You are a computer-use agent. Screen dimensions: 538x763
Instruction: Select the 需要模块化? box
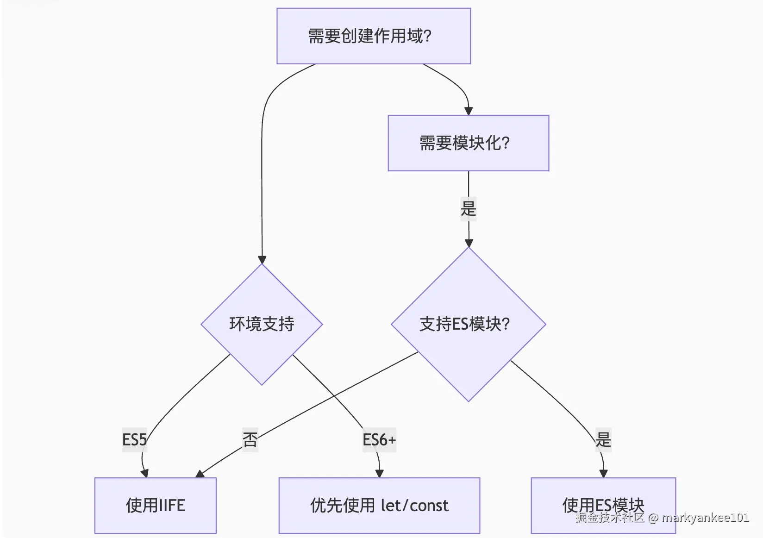[468, 143]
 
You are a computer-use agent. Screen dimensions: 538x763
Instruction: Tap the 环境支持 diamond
[262, 324]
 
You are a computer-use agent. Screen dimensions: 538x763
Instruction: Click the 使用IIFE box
[155, 505]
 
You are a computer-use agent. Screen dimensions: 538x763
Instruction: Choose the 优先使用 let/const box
[379, 505]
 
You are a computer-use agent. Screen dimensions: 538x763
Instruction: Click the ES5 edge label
[134, 439]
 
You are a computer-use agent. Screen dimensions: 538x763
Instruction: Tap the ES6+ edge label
[379, 439]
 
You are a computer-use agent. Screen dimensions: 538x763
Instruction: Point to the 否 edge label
[250, 439]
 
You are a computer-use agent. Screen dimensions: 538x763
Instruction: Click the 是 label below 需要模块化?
[468, 208]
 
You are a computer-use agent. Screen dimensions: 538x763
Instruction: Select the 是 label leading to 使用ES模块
[603, 439]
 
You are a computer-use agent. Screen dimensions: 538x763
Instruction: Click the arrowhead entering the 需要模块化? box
[468, 111]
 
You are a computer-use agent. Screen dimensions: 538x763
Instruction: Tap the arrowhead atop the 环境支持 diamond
[262, 260]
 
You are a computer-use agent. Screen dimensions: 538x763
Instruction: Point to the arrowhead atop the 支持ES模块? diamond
[469, 243]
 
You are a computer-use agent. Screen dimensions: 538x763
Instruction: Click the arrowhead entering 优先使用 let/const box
[379, 474]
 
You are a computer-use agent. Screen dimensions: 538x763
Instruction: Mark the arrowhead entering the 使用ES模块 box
[603, 474]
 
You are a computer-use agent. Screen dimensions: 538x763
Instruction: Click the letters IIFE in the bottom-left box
[171, 505]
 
